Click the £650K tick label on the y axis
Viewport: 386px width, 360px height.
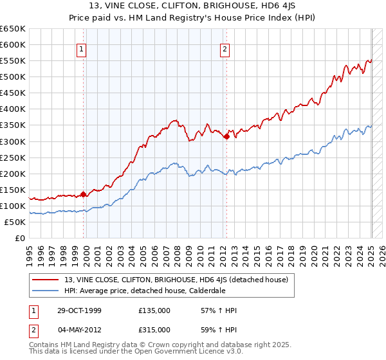tap(12, 29)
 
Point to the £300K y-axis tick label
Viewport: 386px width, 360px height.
tap(12, 141)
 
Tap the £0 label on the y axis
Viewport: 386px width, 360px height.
tap(19, 239)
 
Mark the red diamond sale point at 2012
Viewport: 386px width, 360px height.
tap(227, 136)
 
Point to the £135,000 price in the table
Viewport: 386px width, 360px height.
tap(154, 310)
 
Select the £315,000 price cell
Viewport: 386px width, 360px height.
tap(154, 329)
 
